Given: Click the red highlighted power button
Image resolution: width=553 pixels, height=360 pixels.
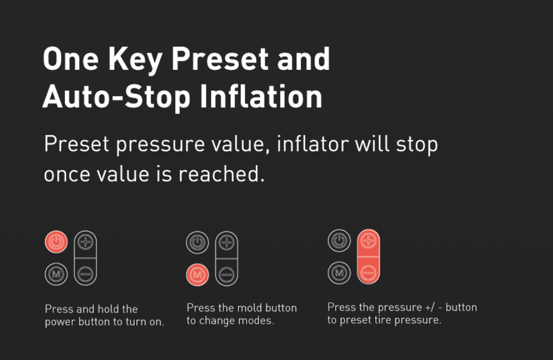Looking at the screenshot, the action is tap(56, 242).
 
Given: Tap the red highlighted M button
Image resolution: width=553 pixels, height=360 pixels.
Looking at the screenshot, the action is tap(197, 275).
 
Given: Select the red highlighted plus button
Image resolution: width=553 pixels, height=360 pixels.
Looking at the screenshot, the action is tap(368, 241).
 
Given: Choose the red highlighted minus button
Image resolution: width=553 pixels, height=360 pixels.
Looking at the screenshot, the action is tap(368, 272).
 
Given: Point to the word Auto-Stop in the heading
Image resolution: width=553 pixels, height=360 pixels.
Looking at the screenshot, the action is tap(117, 96).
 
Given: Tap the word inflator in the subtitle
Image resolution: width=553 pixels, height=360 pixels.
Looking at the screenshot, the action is tap(313, 144).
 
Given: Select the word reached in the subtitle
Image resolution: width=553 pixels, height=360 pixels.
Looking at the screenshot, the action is tap(221, 174).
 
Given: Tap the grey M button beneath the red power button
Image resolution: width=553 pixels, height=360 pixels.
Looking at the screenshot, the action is tap(56, 274).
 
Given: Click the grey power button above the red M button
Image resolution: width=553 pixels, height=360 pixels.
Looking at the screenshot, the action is tap(197, 243).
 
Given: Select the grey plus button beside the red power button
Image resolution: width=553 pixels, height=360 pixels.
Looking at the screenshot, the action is tap(85, 242).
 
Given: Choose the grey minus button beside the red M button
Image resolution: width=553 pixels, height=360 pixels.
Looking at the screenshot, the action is tap(227, 274).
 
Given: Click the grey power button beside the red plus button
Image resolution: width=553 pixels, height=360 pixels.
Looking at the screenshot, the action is tap(339, 241).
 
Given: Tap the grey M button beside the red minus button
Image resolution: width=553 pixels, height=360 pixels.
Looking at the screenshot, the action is tap(339, 272).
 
